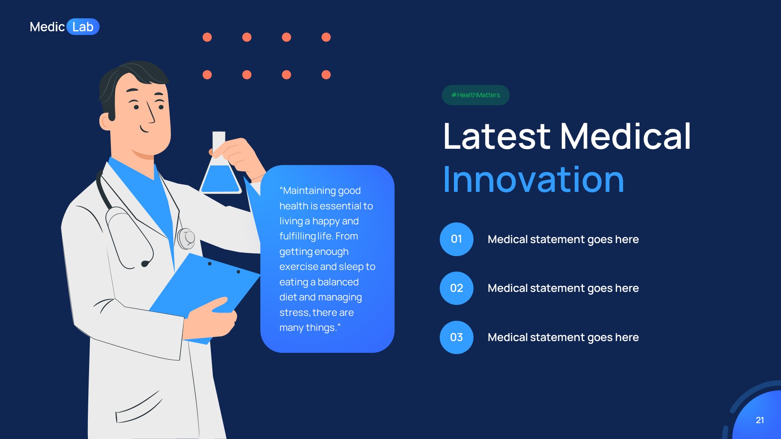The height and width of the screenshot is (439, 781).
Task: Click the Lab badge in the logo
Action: [83, 27]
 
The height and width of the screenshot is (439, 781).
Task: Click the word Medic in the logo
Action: [47, 27]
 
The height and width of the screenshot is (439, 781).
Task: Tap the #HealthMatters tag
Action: [476, 95]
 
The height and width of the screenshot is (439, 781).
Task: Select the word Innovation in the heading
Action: [533, 180]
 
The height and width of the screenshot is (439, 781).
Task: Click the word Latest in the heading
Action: [496, 137]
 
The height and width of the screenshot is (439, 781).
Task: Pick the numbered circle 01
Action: [456, 239]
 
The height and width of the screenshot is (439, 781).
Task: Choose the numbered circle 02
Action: [456, 288]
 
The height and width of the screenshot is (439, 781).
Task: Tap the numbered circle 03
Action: [456, 337]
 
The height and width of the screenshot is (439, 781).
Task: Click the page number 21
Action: [759, 420]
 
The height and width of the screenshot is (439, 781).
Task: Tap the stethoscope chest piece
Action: [186, 238]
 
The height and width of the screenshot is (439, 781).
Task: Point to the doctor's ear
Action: [106, 122]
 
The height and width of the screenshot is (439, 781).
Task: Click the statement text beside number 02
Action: [563, 288]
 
